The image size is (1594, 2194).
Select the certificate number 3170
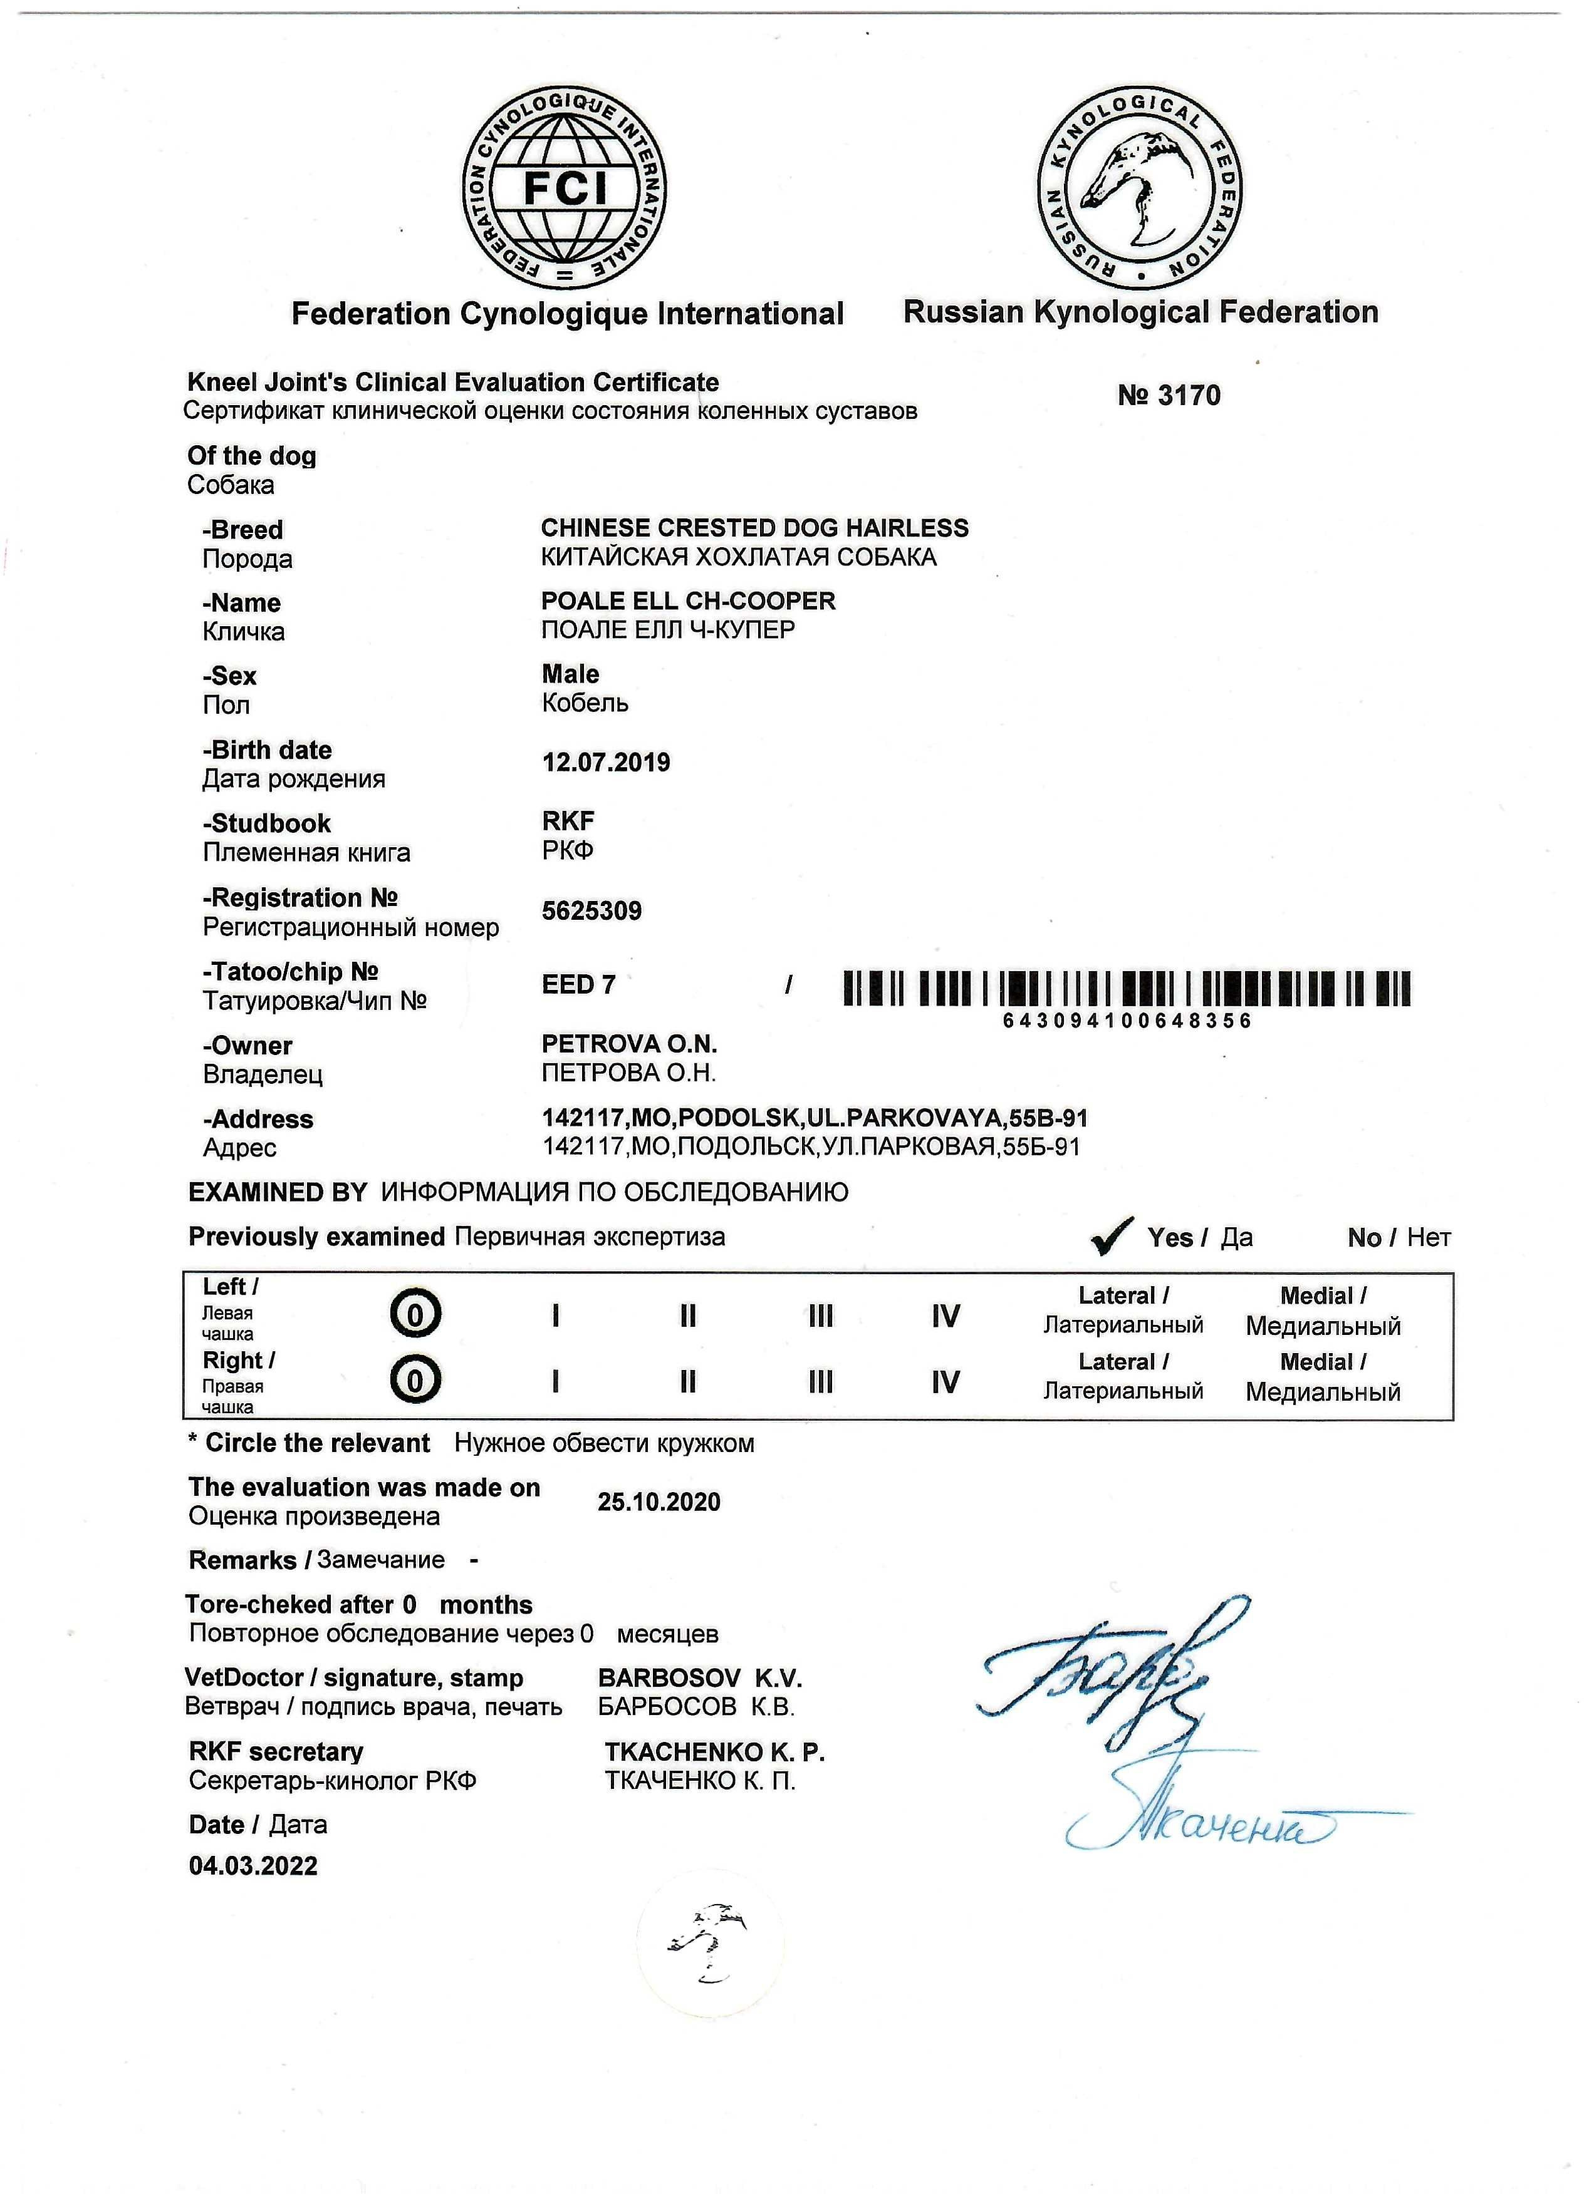click(1169, 396)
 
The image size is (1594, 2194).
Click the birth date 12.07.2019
click(606, 763)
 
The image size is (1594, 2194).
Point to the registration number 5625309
click(591, 911)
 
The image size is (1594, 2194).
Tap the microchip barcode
click(1127, 989)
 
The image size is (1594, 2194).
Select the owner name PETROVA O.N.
click(629, 1045)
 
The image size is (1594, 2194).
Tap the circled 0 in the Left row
click(416, 1315)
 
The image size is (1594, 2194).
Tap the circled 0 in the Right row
click(416, 1381)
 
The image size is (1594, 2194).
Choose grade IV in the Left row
click(945, 1316)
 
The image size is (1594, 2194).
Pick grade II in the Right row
click(687, 1381)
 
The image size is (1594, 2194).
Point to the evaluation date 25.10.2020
click(659, 1502)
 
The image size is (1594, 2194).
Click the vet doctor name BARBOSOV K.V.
click(700, 1679)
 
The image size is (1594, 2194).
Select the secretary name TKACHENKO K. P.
click(714, 1752)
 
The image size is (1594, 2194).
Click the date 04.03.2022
click(254, 1866)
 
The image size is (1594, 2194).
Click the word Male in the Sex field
click(570, 674)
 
